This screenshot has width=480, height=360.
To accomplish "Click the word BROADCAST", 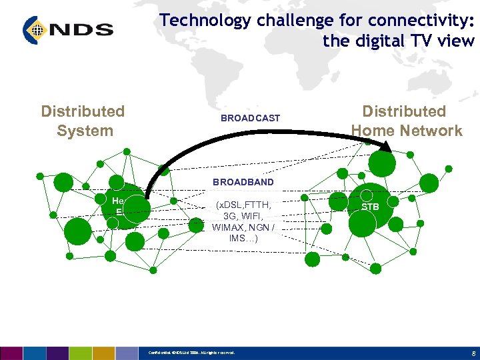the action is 250,118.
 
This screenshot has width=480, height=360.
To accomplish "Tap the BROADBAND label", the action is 243,181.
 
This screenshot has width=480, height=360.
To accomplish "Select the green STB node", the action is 370,207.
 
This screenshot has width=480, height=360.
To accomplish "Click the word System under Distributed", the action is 85,131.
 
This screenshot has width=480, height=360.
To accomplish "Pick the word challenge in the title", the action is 292,20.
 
